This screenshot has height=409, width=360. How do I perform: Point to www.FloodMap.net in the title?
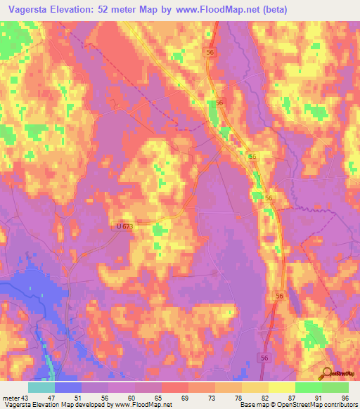tap(214, 8)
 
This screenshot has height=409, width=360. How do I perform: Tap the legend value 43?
tap(25, 398)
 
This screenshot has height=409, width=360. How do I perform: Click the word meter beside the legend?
tap(10, 398)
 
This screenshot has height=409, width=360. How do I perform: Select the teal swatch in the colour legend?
tap(41, 387)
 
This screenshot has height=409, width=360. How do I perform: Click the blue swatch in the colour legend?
tap(68, 387)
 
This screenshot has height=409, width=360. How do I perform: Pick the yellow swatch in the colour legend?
tap(282, 387)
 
